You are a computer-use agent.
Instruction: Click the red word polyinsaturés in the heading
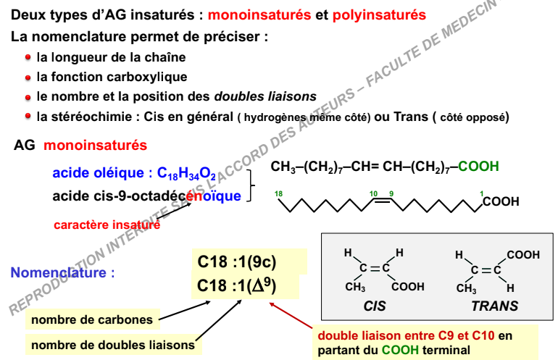pos(379,15)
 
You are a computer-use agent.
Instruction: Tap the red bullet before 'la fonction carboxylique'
pos(28,78)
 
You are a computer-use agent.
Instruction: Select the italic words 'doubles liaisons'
pos(265,96)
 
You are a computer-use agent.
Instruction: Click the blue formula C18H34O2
pos(186,173)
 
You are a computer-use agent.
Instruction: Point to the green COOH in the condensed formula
pos(478,166)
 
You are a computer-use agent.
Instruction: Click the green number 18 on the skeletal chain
pos(278,193)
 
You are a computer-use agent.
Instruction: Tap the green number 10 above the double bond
pos(373,193)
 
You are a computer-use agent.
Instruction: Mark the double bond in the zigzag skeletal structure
pos(383,200)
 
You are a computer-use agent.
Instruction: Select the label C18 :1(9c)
pos(237,262)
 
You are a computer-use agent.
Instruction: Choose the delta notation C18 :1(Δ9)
pos(236,285)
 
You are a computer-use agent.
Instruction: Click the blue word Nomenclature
pos(59,272)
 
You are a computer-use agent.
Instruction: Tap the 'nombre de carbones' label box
pos(92,319)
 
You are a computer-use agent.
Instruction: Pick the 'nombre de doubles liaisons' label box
pos(113,345)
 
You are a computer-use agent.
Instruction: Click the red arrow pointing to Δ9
pos(291,315)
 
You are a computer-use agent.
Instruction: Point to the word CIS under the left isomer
pos(375,306)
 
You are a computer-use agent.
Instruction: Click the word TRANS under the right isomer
pos(495,306)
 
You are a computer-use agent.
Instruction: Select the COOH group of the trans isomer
pos(523,255)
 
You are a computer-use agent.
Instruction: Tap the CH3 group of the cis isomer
pos(355,287)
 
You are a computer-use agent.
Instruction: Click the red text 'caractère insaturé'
pos(107,225)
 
